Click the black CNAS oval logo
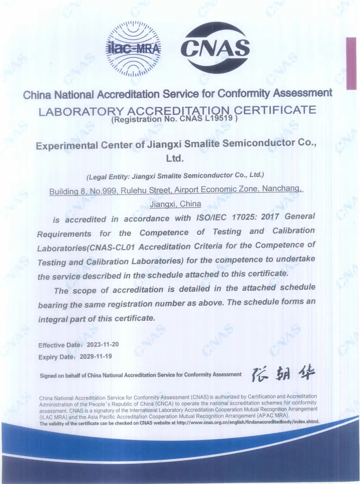click(x=215, y=47)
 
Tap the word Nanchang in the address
click(x=282, y=189)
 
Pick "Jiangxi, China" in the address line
click(x=175, y=204)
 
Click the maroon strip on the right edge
click(x=351, y=63)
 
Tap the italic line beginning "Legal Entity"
click(x=175, y=176)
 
